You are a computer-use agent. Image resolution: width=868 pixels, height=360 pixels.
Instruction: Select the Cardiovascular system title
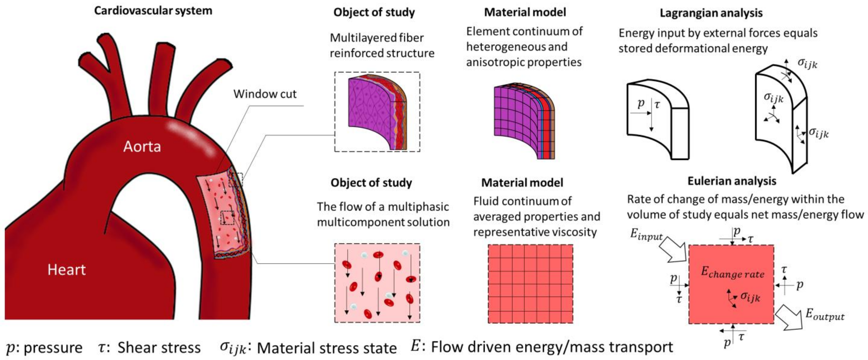pyautogui.click(x=153, y=11)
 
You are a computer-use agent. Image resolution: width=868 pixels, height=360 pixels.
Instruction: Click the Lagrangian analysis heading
pyautogui.click(x=711, y=13)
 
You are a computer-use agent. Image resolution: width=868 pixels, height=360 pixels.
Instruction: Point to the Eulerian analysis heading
pyautogui.click(x=732, y=181)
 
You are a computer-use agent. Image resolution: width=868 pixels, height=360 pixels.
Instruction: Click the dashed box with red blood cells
pyautogui.click(x=377, y=283)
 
